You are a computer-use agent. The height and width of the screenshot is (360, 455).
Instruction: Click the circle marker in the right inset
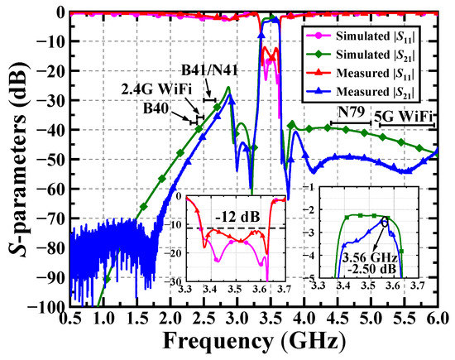[385, 223]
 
